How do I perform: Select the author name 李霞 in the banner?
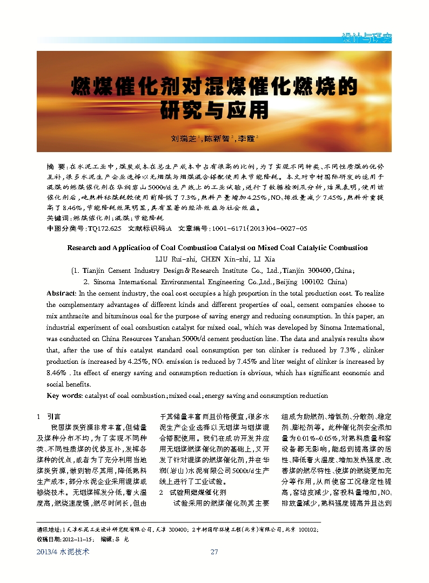coord(247,139)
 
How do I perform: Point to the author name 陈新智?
coord(216,139)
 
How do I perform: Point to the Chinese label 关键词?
coord(58,218)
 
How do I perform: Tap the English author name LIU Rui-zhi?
coord(175,259)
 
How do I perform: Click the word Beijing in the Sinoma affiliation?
coord(284,282)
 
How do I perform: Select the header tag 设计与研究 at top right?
coord(367,38)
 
